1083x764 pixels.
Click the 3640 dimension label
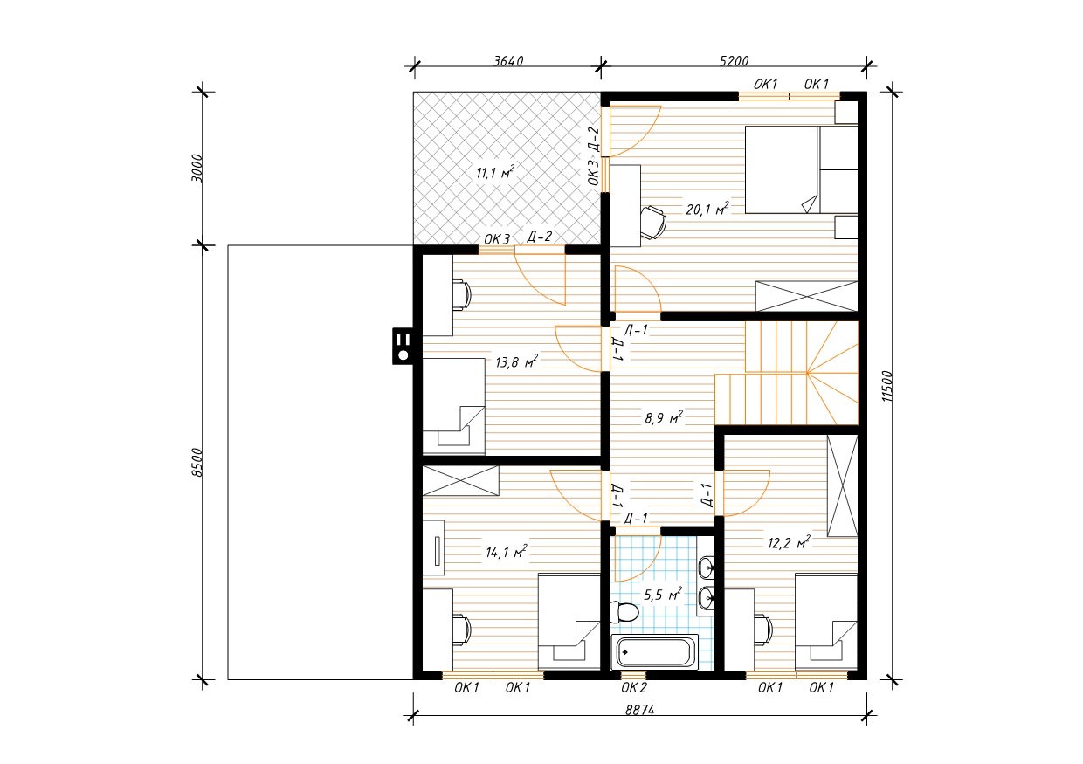click(508, 61)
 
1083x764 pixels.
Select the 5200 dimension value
click(734, 61)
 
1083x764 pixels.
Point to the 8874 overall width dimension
click(639, 710)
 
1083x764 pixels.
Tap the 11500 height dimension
click(886, 386)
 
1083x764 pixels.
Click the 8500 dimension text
click(197, 463)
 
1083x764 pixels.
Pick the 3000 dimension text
click(197, 169)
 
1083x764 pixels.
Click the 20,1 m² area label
click(707, 209)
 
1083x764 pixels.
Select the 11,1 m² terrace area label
click(494, 171)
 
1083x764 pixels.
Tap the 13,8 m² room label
click(516, 361)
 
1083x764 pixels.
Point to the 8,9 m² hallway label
click(664, 417)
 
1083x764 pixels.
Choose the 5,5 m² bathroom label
click(663, 595)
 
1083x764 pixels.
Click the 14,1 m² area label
click(507, 551)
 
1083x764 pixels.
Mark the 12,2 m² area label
click(789, 543)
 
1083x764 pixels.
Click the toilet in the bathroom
click(624, 612)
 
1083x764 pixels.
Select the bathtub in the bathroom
click(655, 652)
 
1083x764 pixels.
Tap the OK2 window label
click(633, 687)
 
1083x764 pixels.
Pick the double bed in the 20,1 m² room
click(801, 169)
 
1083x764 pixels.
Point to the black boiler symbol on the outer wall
click(403, 347)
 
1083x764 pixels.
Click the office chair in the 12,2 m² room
click(764, 630)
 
